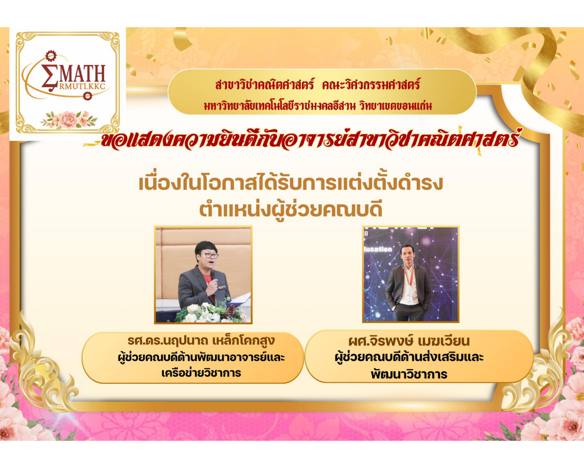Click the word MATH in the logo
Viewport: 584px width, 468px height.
click(82, 74)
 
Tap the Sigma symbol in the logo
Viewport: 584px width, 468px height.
click(50, 75)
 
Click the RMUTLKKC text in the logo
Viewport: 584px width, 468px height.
click(82, 87)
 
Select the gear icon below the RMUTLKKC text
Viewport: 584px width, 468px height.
click(87, 96)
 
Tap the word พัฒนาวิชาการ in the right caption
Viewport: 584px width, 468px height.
click(409, 374)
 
